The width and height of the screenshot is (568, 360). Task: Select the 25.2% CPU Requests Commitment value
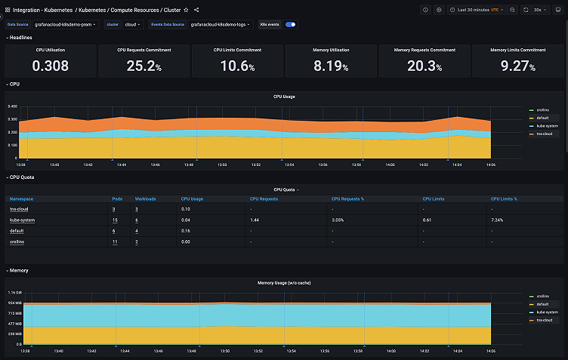tap(144, 66)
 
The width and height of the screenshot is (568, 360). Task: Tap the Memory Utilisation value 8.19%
tap(331, 66)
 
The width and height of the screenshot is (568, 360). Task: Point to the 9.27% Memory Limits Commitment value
tap(517, 66)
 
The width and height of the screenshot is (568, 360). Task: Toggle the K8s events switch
tap(290, 24)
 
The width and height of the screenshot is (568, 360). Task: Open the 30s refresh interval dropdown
tap(539, 10)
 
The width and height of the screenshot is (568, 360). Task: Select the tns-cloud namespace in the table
tap(18, 208)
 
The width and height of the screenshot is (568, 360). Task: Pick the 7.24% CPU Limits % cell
tap(497, 220)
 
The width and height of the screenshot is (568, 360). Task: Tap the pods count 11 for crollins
tap(114, 242)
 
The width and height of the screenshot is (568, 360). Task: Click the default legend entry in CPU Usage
tap(542, 118)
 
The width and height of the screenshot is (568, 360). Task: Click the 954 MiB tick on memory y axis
tap(15, 302)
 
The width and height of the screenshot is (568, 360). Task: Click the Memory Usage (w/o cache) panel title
tap(284, 282)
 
